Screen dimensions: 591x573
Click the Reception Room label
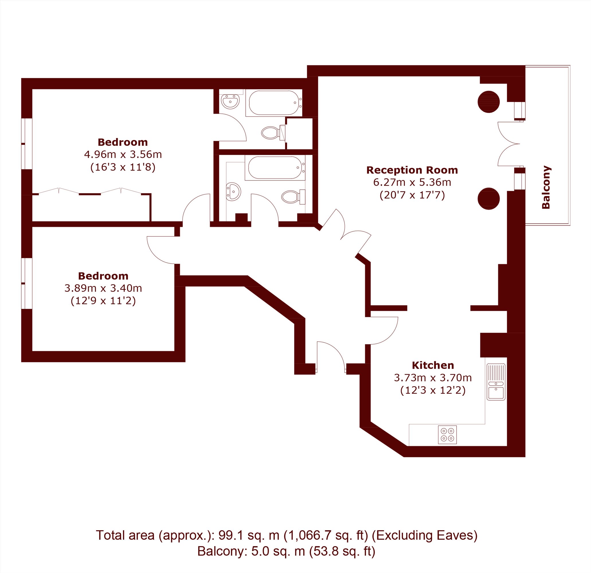coord(412,170)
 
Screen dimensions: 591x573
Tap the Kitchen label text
coord(433,365)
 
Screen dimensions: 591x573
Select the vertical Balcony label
coord(546,187)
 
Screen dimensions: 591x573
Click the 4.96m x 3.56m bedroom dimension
coord(123,155)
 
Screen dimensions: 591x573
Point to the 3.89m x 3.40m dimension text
coord(103,289)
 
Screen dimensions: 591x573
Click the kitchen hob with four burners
coord(447,435)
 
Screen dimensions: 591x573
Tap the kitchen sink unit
coord(496,382)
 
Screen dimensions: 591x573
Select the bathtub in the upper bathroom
coord(274,103)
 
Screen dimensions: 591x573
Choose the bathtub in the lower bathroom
coord(275,168)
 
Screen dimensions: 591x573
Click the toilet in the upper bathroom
coord(273,133)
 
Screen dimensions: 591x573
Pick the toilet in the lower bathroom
coord(293,197)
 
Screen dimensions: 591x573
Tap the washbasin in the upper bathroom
coord(230,101)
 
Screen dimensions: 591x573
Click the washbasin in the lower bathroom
coord(233,191)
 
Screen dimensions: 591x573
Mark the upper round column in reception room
coord(488,102)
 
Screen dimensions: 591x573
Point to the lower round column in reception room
coord(488,199)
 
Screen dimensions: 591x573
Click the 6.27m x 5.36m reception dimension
coord(412,183)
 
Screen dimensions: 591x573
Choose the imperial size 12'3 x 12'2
coord(433,390)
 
